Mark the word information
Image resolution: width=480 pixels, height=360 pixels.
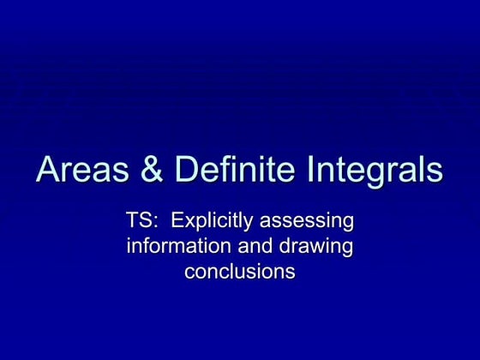(176, 247)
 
